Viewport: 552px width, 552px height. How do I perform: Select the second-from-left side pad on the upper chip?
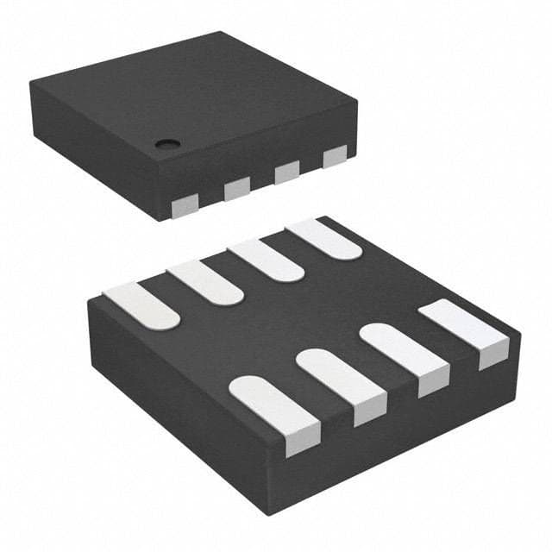click(x=236, y=190)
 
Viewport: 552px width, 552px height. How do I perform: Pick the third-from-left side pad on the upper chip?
click(x=287, y=172)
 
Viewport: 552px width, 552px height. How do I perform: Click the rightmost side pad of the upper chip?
click(x=335, y=157)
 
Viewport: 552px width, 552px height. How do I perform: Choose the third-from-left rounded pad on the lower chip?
click(x=267, y=259)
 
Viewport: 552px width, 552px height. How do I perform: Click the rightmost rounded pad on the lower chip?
click(x=324, y=239)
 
